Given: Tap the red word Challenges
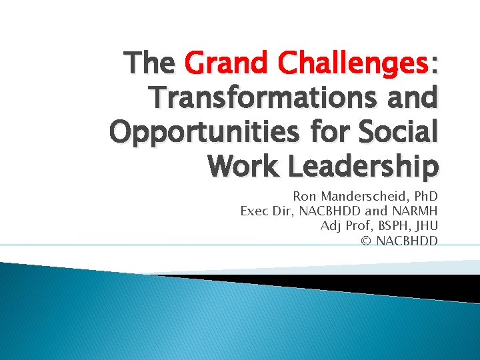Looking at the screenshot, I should pos(352,64).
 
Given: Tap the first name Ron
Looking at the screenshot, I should pos(304,197).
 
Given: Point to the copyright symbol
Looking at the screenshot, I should pos(365,240).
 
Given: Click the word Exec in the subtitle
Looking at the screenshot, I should pos(253,211).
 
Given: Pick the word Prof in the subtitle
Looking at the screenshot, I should pos(354,225).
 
